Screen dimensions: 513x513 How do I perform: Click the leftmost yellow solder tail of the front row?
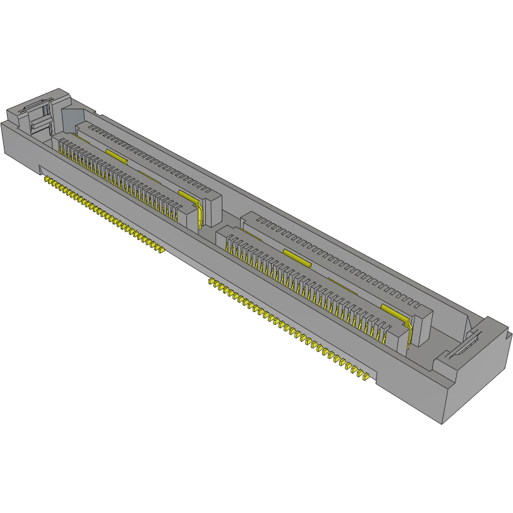click(x=45, y=179)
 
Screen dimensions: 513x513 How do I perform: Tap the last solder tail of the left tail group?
click(x=162, y=250)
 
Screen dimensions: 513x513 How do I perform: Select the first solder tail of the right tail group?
click(x=211, y=281)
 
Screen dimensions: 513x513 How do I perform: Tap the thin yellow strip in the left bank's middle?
click(x=149, y=173)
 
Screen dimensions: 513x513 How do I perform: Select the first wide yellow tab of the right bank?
click(x=297, y=256)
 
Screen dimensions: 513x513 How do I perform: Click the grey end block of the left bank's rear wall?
click(x=212, y=205)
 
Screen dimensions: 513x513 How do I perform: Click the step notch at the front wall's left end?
click(x=40, y=169)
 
